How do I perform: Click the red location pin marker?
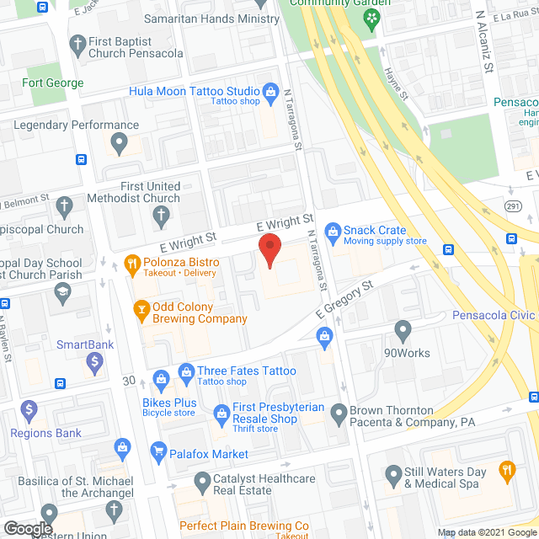(x=269, y=251)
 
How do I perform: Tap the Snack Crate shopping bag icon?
(x=332, y=230)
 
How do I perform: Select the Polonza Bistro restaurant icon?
(x=131, y=263)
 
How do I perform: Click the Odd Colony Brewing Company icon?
(x=142, y=310)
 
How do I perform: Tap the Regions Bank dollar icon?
(x=30, y=413)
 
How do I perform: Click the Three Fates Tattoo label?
(x=246, y=371)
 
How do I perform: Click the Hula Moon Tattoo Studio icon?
(x=270, y=91)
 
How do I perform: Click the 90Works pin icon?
(x=403, y=330)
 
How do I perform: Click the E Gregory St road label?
(x=344, y=300)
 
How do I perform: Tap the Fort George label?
(x=53, y=83)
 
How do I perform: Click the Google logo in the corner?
(x=27, y=528)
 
